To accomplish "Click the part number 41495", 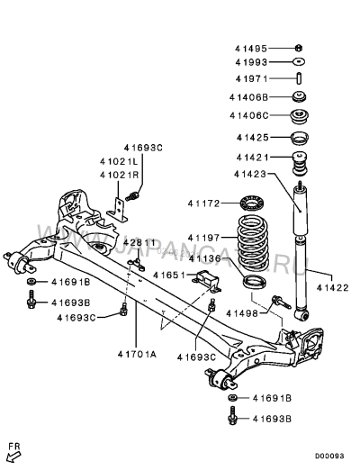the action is [251, 49].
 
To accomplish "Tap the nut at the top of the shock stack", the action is [299, 48].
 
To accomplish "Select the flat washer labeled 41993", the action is [299, 61].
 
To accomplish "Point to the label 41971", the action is [251, 78].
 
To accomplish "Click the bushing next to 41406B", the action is [300, 96].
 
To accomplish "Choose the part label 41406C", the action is [249, 115].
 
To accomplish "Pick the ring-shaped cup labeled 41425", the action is [300, 138].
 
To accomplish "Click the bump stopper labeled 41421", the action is [300, 164].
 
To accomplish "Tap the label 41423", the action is [250, 174].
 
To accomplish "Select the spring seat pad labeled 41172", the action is [252, 203].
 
